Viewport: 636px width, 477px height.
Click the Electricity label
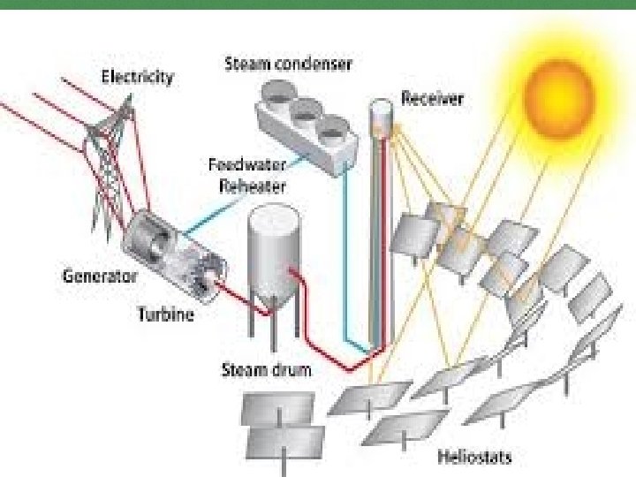coord(137,77)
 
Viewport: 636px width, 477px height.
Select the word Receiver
coord(432,98)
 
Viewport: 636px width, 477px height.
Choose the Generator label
coord(100,276)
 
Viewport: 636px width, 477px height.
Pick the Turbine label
coord(165,314)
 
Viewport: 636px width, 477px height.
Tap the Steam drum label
coord(265,369)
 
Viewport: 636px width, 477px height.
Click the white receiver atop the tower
coord(381,111)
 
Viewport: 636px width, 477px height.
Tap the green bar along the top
coord(318,4)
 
